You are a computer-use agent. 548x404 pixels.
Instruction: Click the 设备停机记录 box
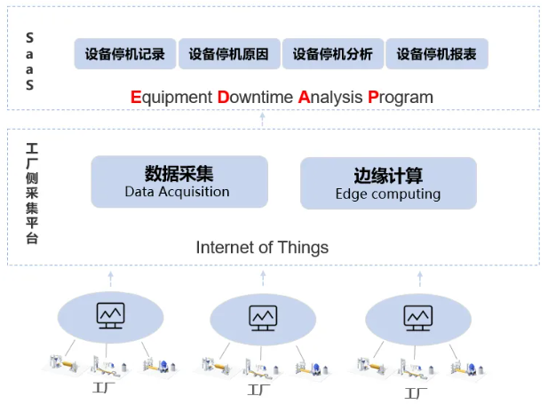point(125,54)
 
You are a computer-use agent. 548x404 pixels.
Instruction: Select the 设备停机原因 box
point(229,54)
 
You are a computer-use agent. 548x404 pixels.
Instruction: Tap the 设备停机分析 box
point(333,54)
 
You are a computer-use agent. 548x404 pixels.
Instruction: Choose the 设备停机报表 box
point(436,54)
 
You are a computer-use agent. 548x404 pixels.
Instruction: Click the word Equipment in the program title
point(171,97)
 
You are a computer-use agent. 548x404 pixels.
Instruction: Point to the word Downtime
point(255,97)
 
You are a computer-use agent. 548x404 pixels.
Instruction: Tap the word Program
point(400,97)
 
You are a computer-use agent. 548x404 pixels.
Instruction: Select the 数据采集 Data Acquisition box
point(179,182)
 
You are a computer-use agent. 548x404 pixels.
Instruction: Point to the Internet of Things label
point(262,248)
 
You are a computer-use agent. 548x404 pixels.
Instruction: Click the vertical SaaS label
point(29,62)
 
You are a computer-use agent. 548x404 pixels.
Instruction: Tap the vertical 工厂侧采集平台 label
point(32,193)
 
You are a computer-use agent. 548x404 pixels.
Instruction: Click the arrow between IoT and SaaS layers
point(262,119)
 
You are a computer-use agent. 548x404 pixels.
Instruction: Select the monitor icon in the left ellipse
point(111,315)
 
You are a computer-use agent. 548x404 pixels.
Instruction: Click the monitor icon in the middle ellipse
point(262,317)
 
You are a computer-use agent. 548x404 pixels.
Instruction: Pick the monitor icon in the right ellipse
point(417,317)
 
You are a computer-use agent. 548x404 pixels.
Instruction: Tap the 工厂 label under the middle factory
point(260,391)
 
